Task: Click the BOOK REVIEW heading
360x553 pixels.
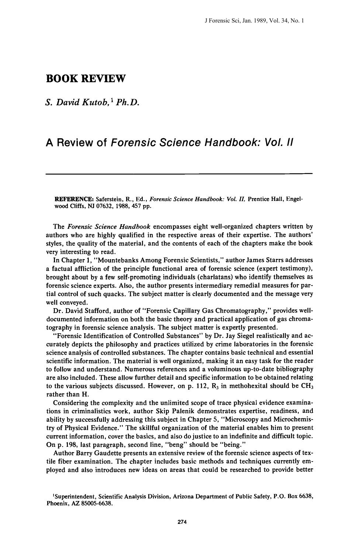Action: pos(86,79)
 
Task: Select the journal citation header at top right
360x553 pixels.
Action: pos(254,21)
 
